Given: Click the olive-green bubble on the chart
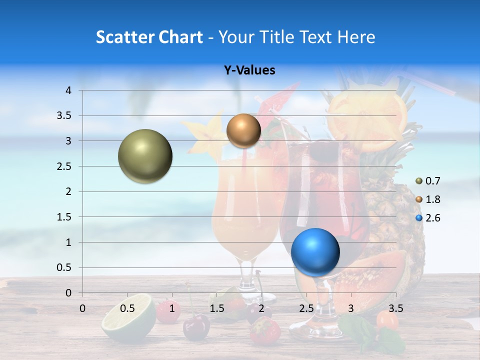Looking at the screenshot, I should point(145,156).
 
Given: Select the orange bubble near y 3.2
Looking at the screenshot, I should point(243,130).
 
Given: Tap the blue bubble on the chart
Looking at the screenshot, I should point(315,251).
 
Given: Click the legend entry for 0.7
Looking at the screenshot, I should point(428,181).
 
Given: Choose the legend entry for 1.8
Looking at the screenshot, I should point(428,199).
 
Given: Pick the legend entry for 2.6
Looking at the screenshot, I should point(428,218).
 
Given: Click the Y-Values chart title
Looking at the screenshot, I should point(249,70).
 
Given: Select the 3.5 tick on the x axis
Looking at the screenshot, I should point(395,308).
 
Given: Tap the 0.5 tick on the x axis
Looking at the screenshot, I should point(127,308).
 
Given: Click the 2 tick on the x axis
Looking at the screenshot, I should point(261,308).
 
